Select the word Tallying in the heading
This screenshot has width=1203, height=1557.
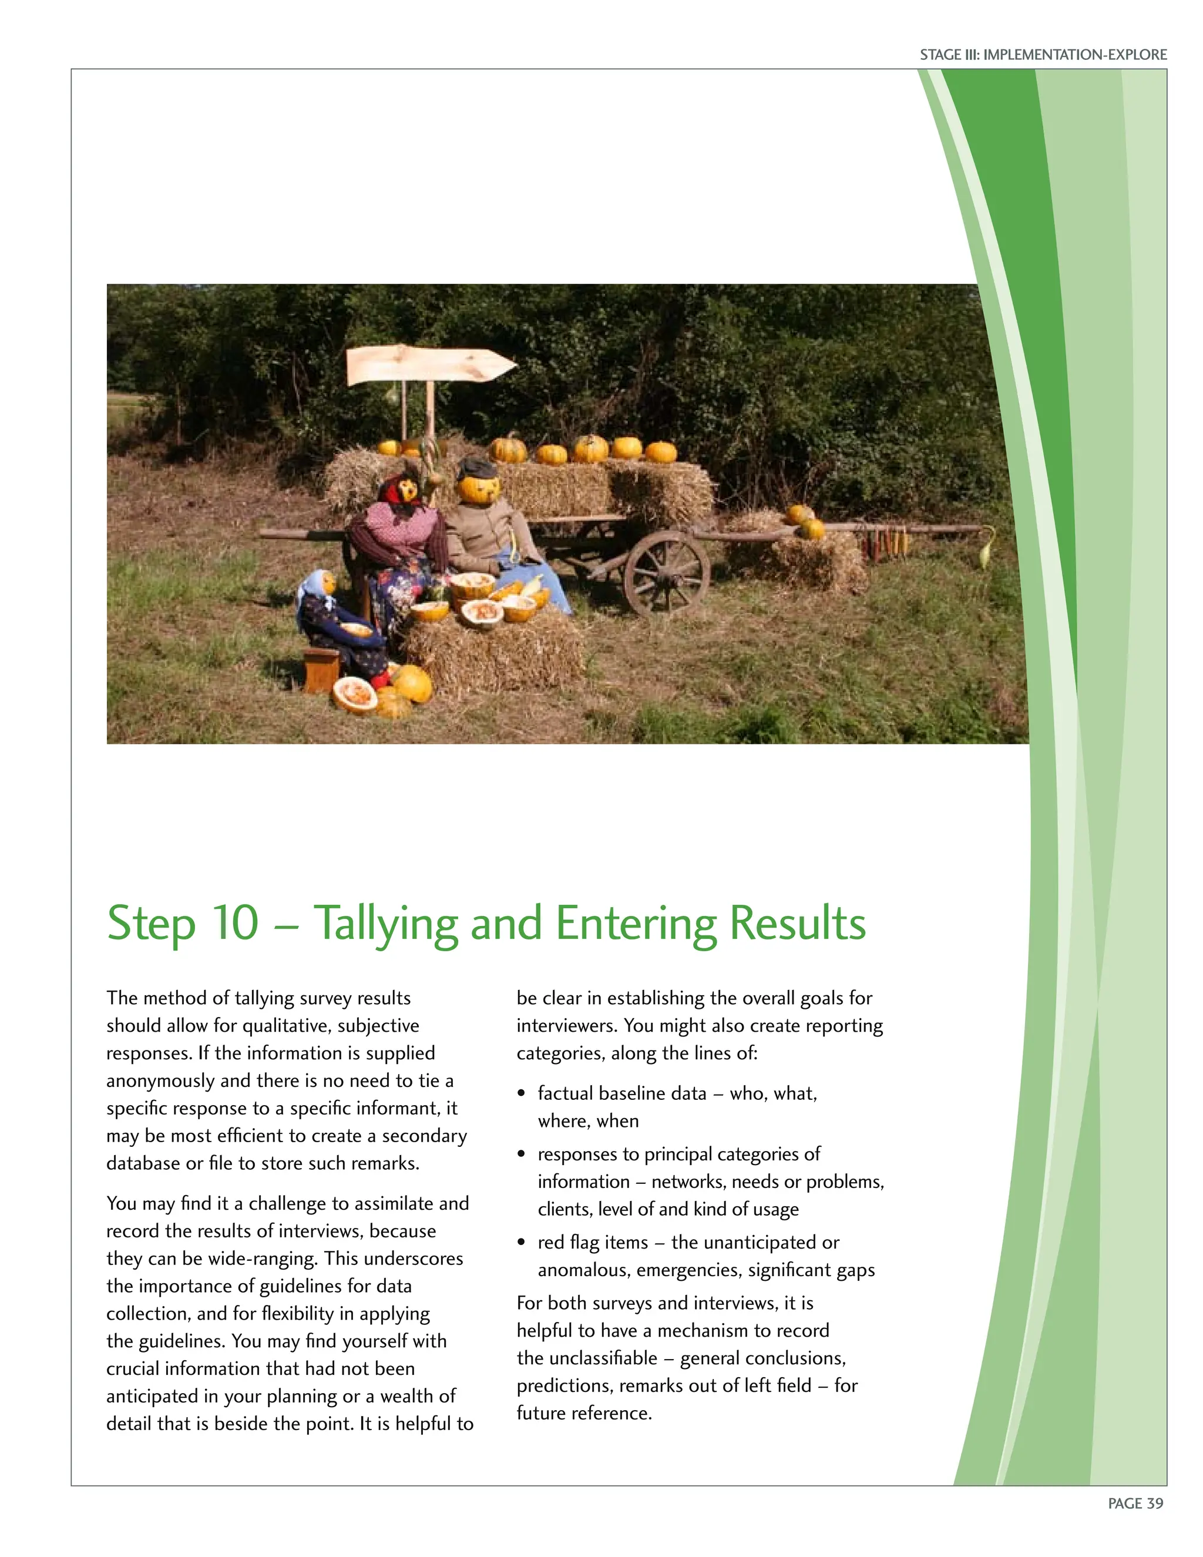(x=385, y=924)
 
